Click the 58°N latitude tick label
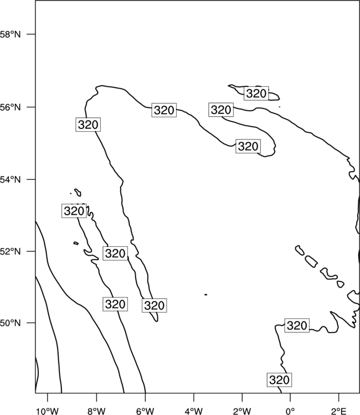10,34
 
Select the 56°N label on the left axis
10,107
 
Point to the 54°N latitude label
10,180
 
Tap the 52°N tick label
10,251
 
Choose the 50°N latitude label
10,323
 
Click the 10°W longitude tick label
48,411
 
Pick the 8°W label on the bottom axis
96,411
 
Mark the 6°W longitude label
145,411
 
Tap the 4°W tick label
194,411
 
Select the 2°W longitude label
242,411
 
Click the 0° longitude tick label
290,411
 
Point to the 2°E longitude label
339,411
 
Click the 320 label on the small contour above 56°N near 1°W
256,94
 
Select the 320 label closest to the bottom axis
279,380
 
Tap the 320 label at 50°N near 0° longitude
297,325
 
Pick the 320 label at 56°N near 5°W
164,110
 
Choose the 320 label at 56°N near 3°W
221,110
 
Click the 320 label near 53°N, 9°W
74,211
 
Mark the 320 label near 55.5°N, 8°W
88,124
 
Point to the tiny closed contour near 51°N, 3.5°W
206,294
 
